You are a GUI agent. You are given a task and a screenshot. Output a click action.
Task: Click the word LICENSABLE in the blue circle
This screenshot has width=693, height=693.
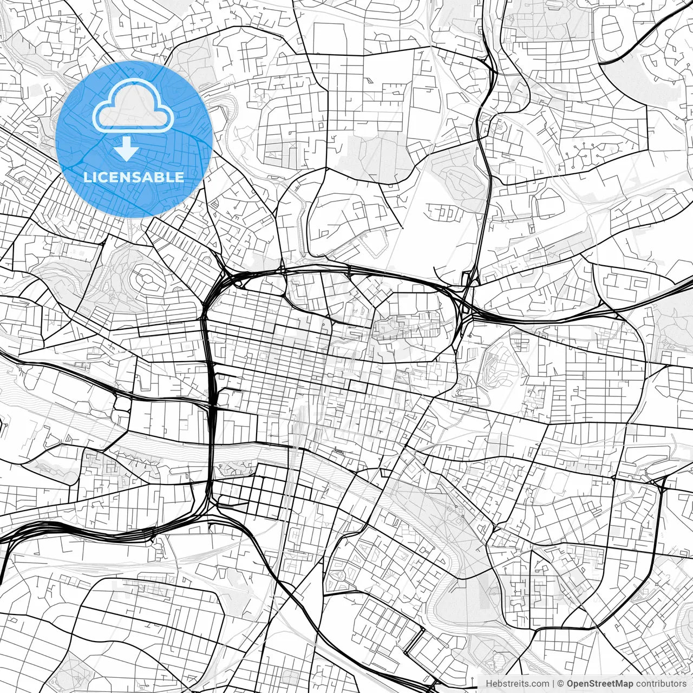pos(133,177)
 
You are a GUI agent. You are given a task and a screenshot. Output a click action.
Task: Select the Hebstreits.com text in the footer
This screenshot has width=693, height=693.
pos(517,684)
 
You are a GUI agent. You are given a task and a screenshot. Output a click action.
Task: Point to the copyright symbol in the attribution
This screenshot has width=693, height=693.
pos(561,684)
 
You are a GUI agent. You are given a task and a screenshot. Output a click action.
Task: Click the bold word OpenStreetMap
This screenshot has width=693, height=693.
pos(600,684)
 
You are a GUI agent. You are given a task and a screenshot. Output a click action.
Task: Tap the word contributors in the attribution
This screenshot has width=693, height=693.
pos(661,684)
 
